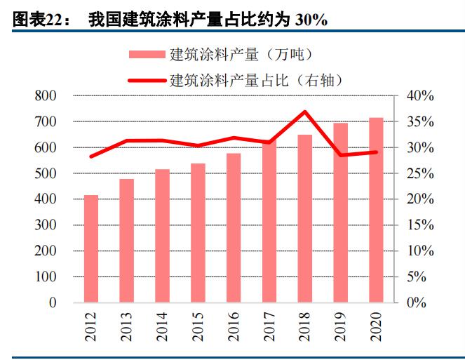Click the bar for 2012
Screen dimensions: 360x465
(x=91, y=248)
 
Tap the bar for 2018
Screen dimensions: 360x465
(x=304, y=218)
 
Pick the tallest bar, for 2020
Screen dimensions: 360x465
(x=376, y=210)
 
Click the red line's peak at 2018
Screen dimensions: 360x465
(x=304, y=112)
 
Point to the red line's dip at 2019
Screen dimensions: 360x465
(x=341, y=155)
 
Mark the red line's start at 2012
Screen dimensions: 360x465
(x=91, y=156)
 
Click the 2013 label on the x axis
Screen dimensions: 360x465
(x=127, y=326)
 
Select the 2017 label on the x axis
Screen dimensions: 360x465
(x=270, y=326)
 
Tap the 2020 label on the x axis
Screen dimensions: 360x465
(x=377, y=326)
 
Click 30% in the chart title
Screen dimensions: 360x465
(x=311, y=21)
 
